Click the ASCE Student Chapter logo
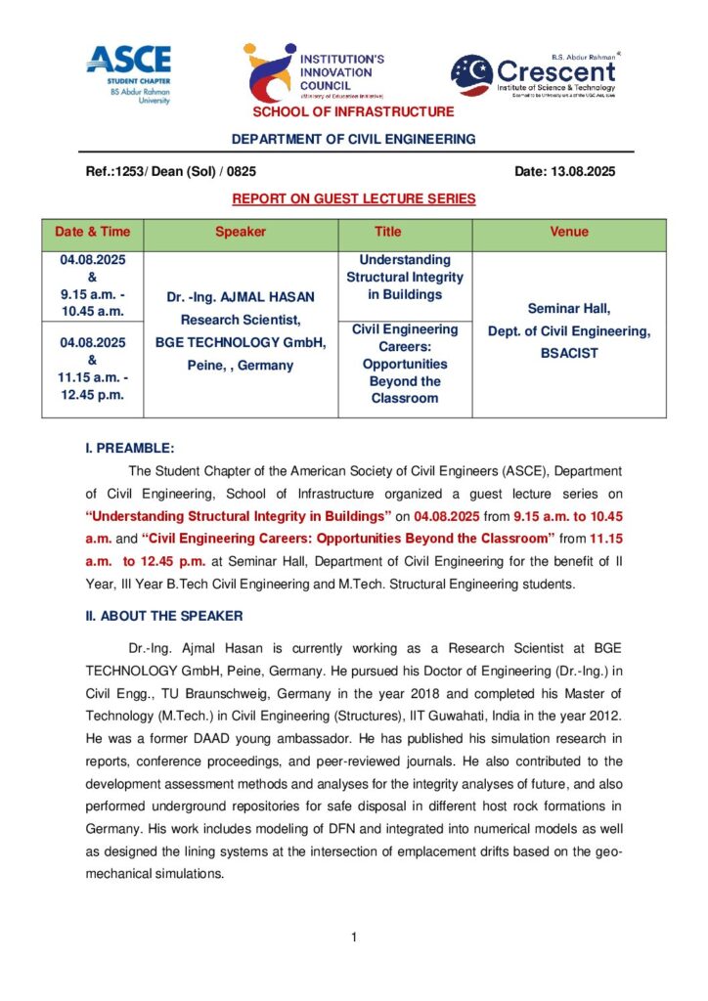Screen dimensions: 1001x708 128,73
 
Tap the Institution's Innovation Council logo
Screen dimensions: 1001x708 315,72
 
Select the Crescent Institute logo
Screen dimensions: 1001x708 534,73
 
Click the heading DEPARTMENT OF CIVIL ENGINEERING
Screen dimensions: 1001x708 354,139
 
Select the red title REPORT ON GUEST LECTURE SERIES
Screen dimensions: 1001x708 354,198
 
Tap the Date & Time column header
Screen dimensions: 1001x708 92,233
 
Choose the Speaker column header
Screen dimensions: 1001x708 240,233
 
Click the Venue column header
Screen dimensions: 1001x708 569,233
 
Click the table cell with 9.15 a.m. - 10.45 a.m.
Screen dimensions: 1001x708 92,285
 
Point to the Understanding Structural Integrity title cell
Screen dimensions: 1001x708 405,277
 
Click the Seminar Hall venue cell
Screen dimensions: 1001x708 569,331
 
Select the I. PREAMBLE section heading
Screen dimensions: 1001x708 130,448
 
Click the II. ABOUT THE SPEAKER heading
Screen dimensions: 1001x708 164,616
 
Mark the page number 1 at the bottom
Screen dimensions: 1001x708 353,938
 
